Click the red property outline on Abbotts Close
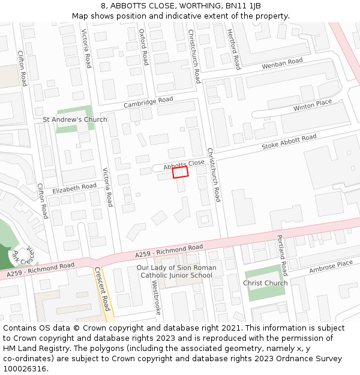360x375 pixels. (x=181, y=172)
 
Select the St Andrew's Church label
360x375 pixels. (x=75, y=119)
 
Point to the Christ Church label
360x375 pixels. (x=265, y=283)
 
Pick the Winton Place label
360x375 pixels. (x=313, y=106)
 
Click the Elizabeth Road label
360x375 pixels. (x=74, y=188)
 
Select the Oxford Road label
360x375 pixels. (x=143, y=47)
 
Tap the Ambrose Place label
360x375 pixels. (x=331, y=266)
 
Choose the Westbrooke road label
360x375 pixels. (x=157, y=298)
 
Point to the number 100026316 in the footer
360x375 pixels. (x=25, y=368)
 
